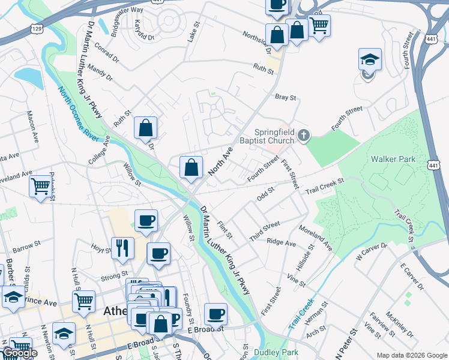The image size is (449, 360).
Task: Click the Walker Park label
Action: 394,159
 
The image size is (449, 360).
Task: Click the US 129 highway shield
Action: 37,29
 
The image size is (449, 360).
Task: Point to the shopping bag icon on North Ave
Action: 191,169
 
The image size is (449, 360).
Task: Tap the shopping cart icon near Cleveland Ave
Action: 40,186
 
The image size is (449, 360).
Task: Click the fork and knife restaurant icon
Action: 122,248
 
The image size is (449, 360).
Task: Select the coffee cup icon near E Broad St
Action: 215,314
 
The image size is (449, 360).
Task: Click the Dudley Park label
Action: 276,352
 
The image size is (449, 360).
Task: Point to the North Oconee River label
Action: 79,113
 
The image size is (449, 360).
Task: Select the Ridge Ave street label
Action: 282,242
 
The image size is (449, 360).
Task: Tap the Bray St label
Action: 286,97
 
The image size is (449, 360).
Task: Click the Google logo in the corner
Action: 19,353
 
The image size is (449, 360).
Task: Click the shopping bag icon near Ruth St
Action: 145,128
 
